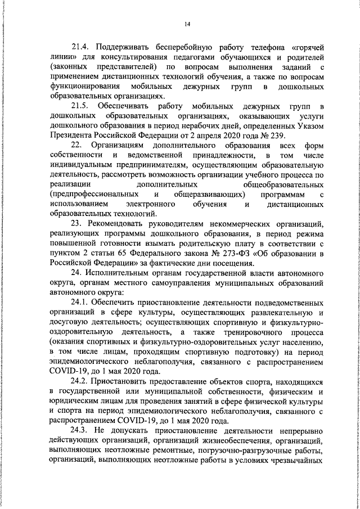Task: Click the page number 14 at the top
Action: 187,24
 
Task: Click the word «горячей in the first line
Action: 300,47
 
